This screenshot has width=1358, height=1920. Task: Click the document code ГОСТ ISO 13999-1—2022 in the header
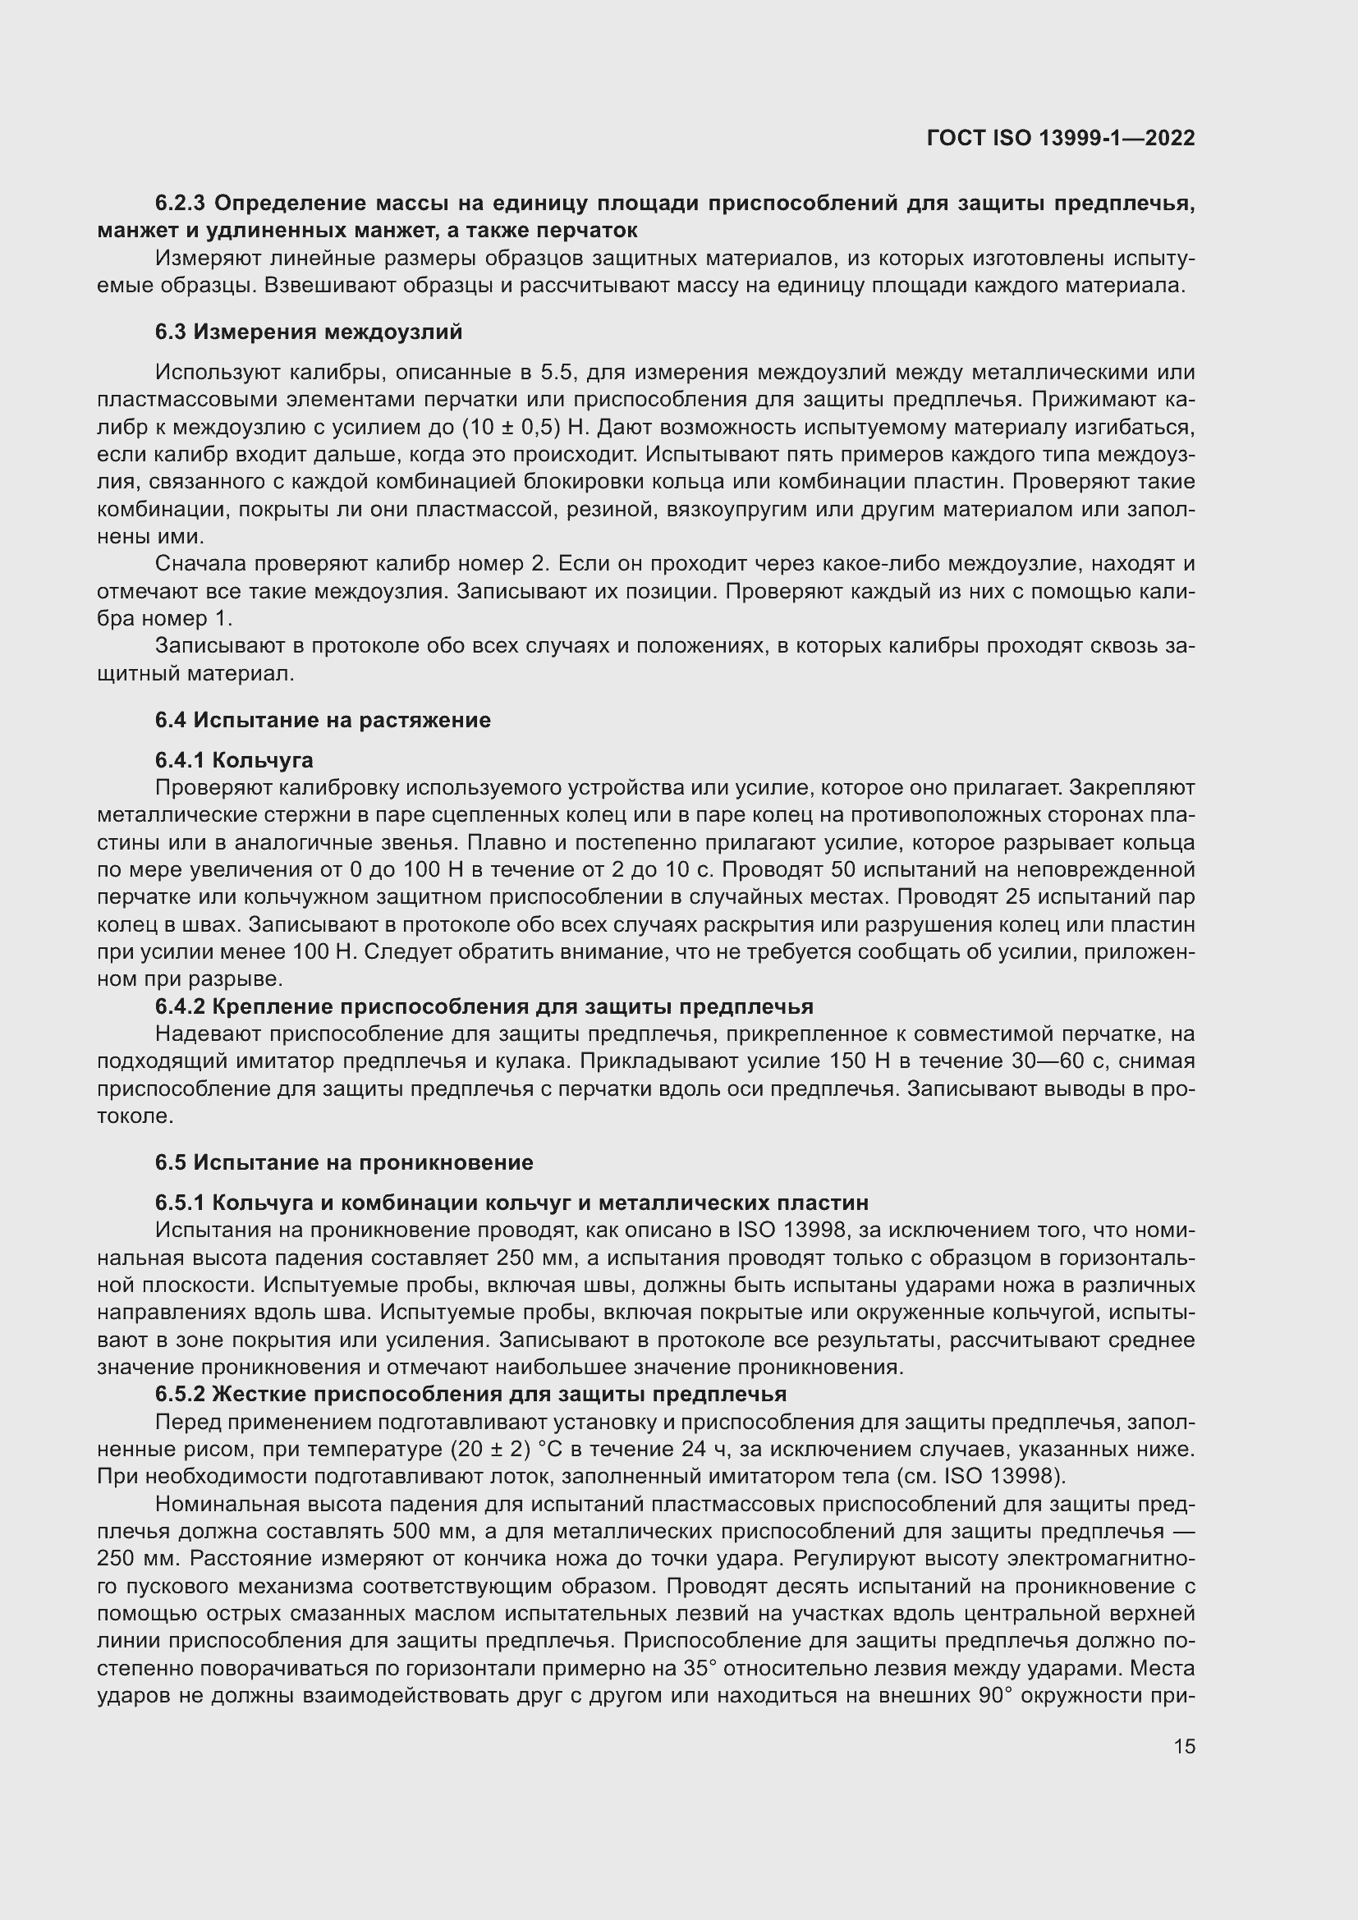pos(1060,138)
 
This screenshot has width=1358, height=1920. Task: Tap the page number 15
pos(1183,1746)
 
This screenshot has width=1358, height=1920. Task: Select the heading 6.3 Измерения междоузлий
pos(308,332)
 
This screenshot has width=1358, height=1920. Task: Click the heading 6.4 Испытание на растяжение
pos(322,720)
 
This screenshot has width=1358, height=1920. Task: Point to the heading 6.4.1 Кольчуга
pos(233,760)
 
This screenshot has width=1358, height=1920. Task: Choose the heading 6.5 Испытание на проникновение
pos(343,1162)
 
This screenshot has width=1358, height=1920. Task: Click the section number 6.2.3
pos(181,204)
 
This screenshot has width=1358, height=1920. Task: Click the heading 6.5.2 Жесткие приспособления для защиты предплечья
pos(470,1394)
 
